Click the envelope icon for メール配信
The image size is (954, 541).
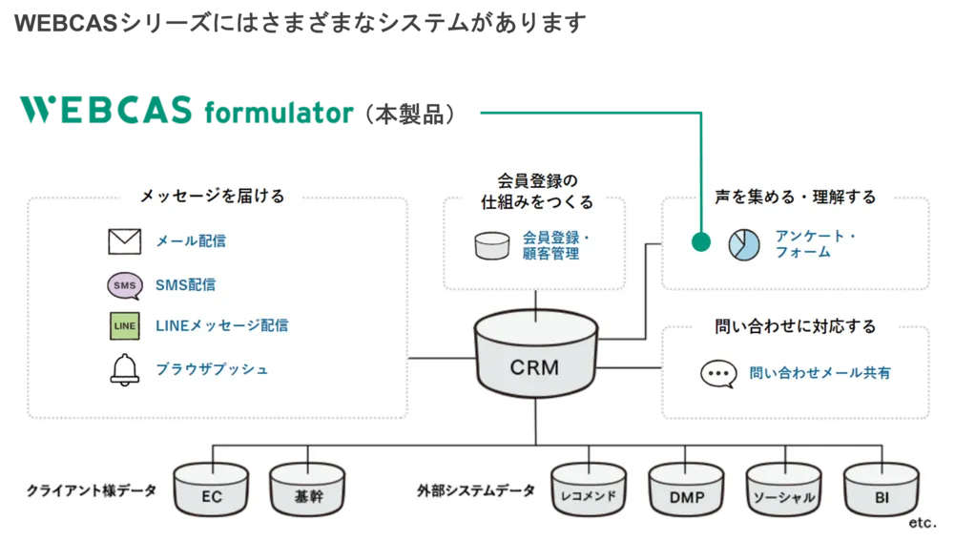124,242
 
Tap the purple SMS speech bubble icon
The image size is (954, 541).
124,285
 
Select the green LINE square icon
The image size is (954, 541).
124,326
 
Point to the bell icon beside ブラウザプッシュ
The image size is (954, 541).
124,369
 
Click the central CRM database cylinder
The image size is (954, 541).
535,361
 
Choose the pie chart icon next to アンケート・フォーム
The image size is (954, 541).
744,244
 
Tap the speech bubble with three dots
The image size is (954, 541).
718,373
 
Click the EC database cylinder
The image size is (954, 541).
211,490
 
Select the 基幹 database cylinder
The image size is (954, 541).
308,490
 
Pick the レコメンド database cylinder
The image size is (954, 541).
589,490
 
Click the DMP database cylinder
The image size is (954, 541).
686,490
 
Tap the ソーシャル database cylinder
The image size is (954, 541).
783,490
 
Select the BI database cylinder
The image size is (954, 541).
881,490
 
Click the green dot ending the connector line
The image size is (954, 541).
701,242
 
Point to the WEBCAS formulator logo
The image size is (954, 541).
187,113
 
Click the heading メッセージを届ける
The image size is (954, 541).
212,197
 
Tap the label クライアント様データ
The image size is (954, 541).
92,491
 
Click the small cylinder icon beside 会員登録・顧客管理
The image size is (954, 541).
492,245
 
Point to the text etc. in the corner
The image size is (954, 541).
923,524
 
